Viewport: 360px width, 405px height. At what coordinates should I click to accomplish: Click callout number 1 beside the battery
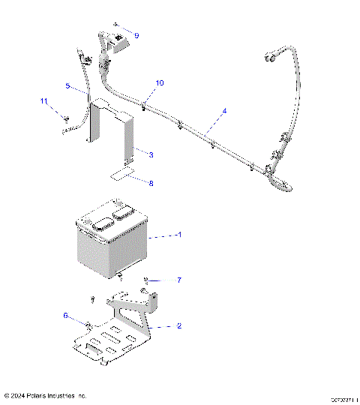(x=179, y=235)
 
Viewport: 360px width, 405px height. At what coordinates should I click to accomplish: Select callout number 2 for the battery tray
(x=179, y=326)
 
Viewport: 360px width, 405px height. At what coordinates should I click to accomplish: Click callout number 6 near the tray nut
(x=65, y=316)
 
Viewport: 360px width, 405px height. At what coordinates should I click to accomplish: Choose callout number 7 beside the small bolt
(x=179, y=280)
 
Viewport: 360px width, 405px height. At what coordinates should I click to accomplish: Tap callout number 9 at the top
(x=136, y=35)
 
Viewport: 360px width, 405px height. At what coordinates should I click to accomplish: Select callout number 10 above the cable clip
(x=159, y=82)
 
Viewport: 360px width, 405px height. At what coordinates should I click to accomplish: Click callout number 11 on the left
(x=43, y=101)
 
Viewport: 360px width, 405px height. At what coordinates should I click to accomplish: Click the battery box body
(x=112, y=244)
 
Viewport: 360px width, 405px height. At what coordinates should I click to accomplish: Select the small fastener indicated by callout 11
(x=67, y=118)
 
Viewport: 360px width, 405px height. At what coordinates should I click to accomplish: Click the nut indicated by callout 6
(x=89, y=325)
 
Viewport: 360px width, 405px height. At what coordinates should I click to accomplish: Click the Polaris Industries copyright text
(x=46, y=395)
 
